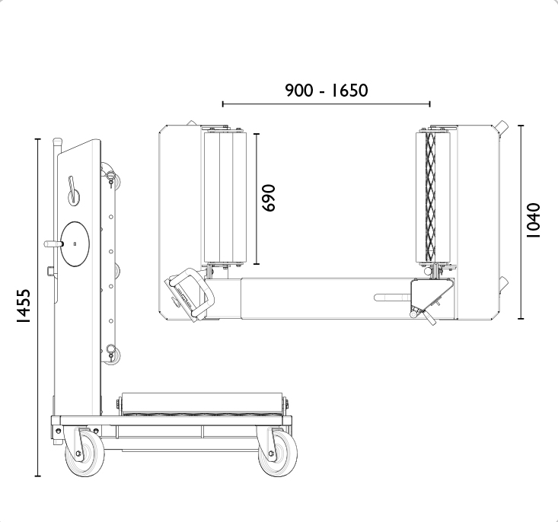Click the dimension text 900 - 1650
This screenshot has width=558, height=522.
click(x=326, y=91)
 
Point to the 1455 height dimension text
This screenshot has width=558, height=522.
click(x=24, y=306)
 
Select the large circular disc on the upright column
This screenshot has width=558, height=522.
click(x=75, y=243)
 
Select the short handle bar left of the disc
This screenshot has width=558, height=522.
click(x=53, y=243)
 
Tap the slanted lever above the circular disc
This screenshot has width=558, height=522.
click(x=73, y=189)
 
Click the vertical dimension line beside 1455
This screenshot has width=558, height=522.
click(x=38, y=307)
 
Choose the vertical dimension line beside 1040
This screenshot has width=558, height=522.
click(x=521, y=221)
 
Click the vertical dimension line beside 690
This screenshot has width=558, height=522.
click(x=257, y=198)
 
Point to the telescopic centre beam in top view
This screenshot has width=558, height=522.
click(x=320, y=298)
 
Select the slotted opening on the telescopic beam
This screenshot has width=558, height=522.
click(x=392, y=298)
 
